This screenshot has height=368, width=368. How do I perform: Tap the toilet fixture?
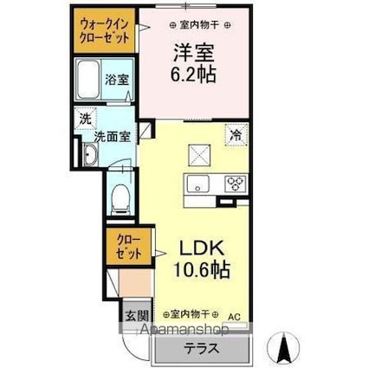point(120,197)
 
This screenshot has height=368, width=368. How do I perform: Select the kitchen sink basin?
point(197,183)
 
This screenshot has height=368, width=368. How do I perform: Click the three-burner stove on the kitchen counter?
point(235,183)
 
